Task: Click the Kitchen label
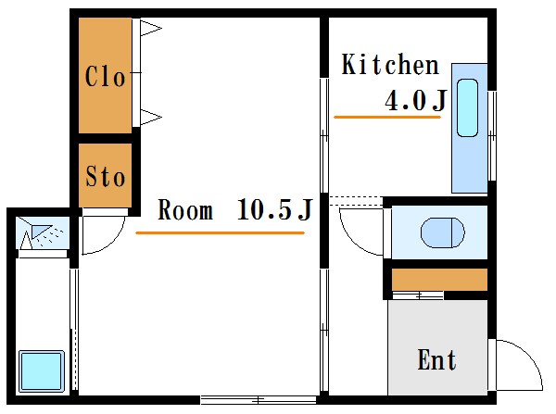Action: (390, 65)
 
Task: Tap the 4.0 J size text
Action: (415, 100)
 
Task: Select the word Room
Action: (185, 210)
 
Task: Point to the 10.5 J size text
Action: (274, 209)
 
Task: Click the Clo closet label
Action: (105, 76)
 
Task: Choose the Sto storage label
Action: (106, 176)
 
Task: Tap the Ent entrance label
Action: (436, 359)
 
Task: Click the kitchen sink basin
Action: (467, 108)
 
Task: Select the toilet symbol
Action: (443, 232)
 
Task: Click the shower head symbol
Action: (41, 231)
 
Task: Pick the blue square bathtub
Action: (42, 371)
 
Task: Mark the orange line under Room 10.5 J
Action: (221, 232)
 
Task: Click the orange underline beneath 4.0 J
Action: (387, 117)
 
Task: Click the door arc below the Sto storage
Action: (113, 242)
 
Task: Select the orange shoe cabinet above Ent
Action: (439, 280)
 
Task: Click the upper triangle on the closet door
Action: (150, 28)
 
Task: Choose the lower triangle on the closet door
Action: (150, 117)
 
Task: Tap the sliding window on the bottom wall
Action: (259, 400)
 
